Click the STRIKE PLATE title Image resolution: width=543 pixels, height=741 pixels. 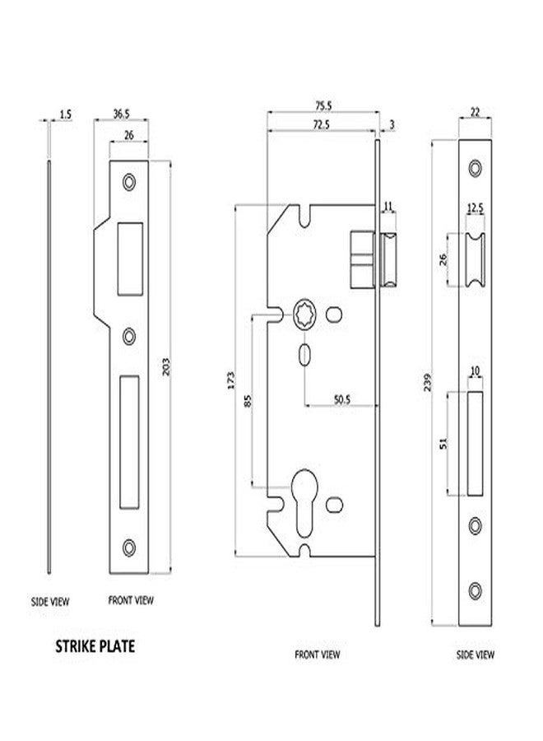(95, 646)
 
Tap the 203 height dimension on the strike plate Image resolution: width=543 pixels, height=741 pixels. (165, 366)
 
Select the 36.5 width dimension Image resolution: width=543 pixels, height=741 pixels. (121, 114)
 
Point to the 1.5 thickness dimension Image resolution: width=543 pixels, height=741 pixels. (66, 114)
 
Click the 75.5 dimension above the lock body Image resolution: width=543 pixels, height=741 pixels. (323, 106)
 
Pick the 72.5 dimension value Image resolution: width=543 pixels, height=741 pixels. (321, 125)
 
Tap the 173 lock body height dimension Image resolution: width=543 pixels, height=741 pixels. (230, 381)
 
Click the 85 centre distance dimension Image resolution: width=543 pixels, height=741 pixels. (248, 401)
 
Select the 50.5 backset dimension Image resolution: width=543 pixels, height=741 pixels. (342, 400)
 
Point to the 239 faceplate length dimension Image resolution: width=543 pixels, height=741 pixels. (428, 382)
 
